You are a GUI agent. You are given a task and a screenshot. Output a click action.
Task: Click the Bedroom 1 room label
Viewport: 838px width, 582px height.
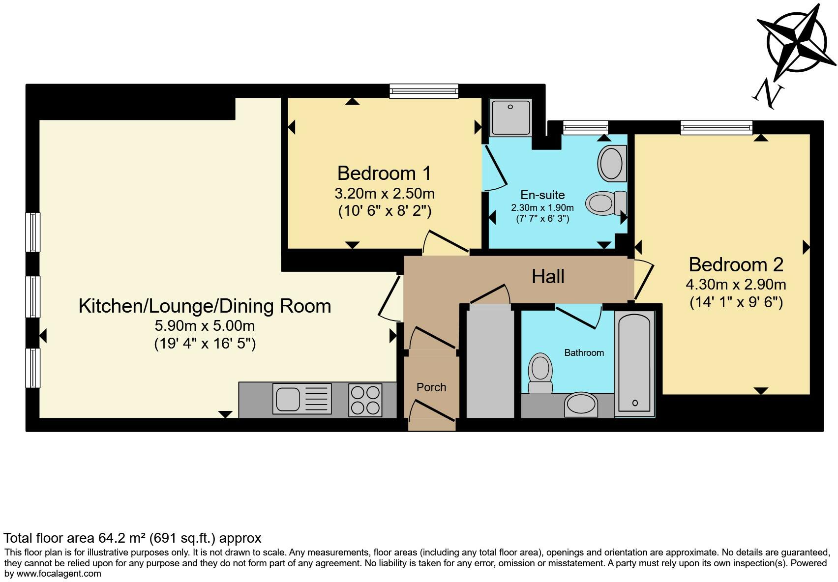point(384,173)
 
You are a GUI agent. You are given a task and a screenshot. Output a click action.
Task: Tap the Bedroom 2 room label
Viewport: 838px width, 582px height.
point(736,264)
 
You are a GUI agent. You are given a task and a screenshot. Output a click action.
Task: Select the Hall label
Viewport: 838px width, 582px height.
point(548,276)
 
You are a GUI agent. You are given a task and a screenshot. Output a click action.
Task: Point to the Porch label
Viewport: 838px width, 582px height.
point(431,387)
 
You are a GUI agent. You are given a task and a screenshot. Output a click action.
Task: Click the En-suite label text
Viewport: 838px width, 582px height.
point(542,195)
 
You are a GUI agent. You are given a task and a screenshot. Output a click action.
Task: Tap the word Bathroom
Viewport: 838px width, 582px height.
point(584,353)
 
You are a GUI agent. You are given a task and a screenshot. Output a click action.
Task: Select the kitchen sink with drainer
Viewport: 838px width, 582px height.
point(302,399)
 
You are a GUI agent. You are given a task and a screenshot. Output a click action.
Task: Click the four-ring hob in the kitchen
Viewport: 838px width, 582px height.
point(365,400)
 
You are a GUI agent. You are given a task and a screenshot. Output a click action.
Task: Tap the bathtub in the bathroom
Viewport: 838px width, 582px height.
point(634,364)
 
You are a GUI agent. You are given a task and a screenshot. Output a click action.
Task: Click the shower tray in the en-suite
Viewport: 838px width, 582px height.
point(510,117)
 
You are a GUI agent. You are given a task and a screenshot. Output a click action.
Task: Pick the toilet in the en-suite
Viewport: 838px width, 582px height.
point(606,203)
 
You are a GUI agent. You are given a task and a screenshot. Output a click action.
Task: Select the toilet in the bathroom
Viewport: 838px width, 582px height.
point(540,374)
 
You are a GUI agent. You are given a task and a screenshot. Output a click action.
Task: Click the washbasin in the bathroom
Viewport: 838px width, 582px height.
point(581,405)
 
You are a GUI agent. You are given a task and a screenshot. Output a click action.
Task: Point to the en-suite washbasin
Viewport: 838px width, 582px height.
point(612,164)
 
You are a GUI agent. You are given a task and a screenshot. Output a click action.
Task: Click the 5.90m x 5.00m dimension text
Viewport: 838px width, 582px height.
point(205,326)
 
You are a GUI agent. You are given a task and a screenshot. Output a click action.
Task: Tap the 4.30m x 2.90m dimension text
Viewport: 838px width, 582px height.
point(736,285)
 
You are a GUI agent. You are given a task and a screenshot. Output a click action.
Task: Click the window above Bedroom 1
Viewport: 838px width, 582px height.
point(424,91)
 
